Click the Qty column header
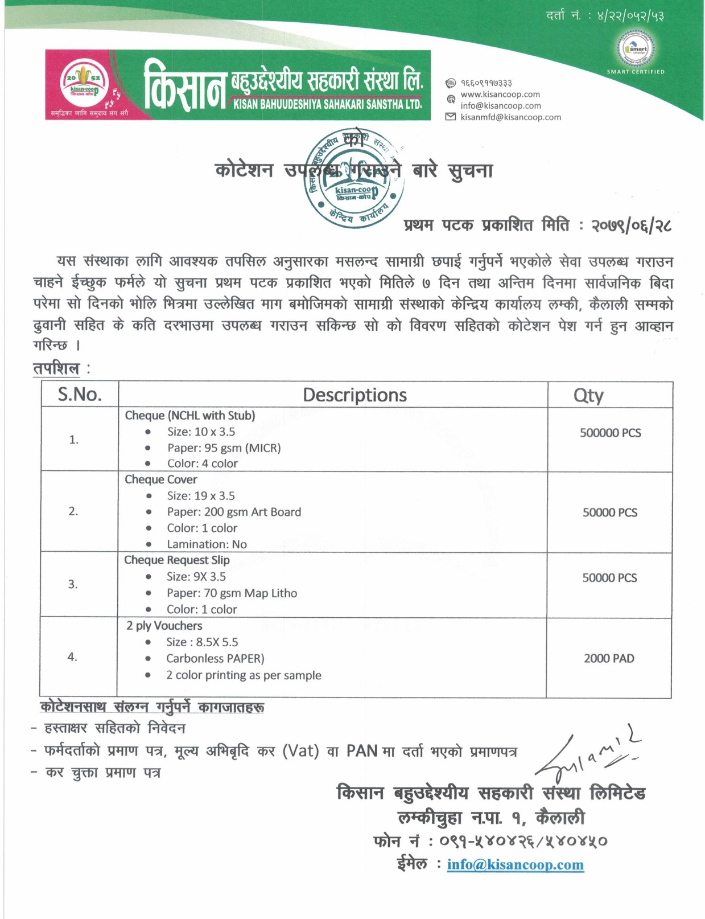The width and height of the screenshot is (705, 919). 588,395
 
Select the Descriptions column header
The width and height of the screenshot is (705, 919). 354,395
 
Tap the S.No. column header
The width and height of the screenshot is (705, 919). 80,394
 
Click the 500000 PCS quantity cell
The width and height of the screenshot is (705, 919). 610,433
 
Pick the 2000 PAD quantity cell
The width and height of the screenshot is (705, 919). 609,658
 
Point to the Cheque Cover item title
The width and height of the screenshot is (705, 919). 161,479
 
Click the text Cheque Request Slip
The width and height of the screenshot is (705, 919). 177,560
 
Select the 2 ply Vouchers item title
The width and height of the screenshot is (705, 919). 164,626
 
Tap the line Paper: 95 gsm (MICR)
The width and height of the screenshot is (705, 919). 224,448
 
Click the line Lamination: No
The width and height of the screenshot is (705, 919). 207,544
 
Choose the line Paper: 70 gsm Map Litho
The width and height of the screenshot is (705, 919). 232,593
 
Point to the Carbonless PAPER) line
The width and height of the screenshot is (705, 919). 215,659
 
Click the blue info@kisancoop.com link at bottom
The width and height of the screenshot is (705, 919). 515,865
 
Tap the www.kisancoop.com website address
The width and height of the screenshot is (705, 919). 500,95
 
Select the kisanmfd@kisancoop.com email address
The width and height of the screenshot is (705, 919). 510,117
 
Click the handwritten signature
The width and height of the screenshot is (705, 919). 586,754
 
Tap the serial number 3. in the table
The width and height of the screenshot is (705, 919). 73,584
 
